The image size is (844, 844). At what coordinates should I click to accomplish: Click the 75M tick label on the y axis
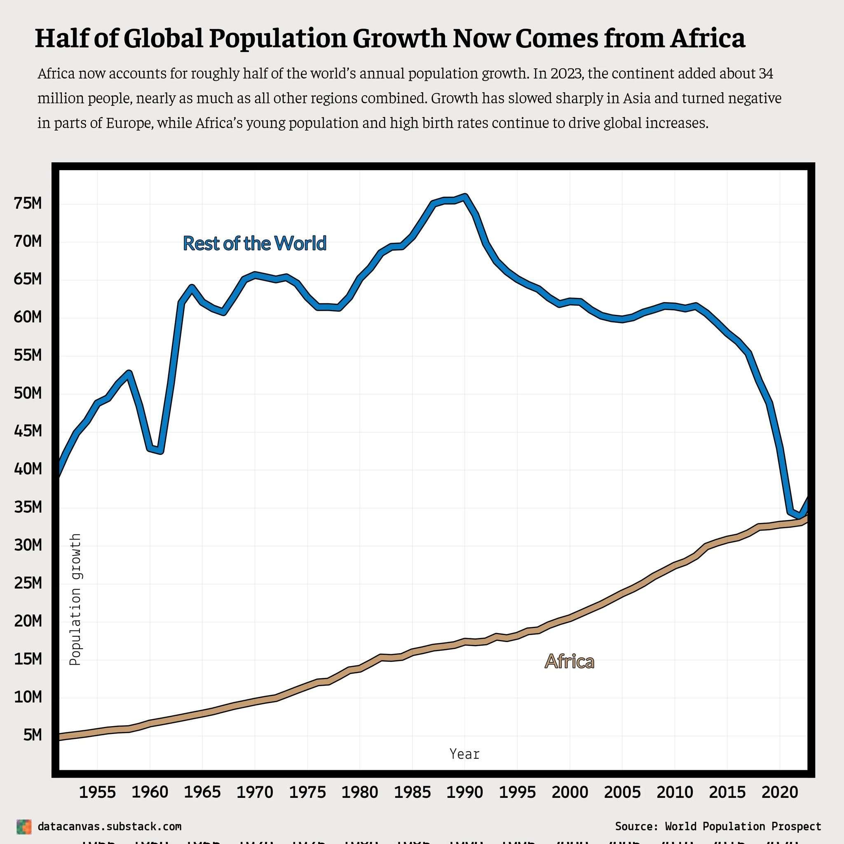coord(28,203)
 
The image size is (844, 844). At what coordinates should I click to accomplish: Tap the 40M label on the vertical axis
coord(28,469)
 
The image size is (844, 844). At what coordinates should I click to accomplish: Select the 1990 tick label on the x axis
coord(465,792)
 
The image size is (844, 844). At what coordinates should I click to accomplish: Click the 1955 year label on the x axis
coord(97,792)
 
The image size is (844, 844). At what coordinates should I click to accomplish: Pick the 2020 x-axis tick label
coord(780,792)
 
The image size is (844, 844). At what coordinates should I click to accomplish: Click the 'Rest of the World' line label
coord(255,243)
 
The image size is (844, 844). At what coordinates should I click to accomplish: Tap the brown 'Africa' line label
coord(569,661)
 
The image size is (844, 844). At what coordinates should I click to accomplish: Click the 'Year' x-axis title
coord(464,754)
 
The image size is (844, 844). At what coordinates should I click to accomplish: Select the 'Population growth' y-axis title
coord(75,599)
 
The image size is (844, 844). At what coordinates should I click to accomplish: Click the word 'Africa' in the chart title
coord(708,38)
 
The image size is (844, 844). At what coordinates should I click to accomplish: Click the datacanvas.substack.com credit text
coord(109,827)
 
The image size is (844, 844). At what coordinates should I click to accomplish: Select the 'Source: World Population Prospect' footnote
coord(718,827)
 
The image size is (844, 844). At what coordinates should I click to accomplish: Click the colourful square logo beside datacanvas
coord(24,827)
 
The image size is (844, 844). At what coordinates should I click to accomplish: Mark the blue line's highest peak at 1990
coord(465,197)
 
